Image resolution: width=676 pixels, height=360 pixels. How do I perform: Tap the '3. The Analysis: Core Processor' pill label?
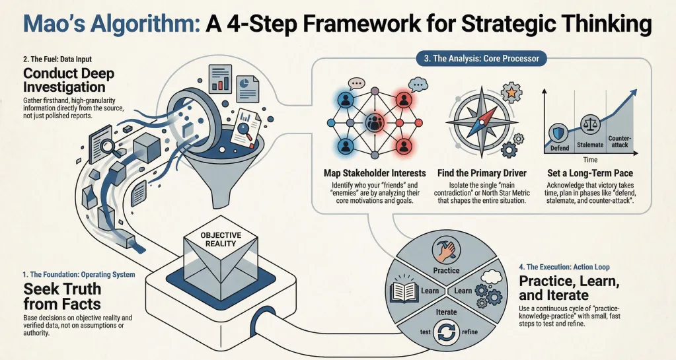tap(482, 59)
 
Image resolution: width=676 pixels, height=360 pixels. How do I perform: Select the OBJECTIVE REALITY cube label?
tap(221, 239)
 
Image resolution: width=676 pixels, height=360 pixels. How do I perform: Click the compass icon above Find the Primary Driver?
tap(482, 122)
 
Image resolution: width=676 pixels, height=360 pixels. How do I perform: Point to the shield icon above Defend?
tap(560, 132)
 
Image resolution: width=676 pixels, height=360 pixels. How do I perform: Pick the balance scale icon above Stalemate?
tap(590, 125)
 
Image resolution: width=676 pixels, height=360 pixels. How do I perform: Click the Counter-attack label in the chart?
tap(620, 141)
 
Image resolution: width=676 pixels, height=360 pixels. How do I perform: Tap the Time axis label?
tap(590, 159)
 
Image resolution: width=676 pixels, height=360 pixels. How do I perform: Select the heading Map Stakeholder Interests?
tap(375, 173)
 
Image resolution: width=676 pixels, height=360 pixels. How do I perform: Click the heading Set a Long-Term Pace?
tap(590, 173)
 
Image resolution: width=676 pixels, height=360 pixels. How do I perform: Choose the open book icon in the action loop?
tap(404, 291)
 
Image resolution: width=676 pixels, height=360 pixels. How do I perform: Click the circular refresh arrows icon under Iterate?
tap(446, 333)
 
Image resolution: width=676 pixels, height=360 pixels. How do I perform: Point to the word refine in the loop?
tap(469, 332)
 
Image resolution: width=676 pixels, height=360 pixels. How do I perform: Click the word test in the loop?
tap(425, 332)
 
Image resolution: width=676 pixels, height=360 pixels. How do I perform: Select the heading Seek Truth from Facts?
tap(63, 296)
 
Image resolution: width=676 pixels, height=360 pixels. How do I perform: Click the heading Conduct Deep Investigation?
tap(69, 80)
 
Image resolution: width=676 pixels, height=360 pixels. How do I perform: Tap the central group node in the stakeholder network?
tap(374, 123)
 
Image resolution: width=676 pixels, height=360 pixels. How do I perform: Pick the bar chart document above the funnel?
tap(220, 79)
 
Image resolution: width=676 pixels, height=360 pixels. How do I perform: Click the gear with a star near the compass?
tap(511, 92)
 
